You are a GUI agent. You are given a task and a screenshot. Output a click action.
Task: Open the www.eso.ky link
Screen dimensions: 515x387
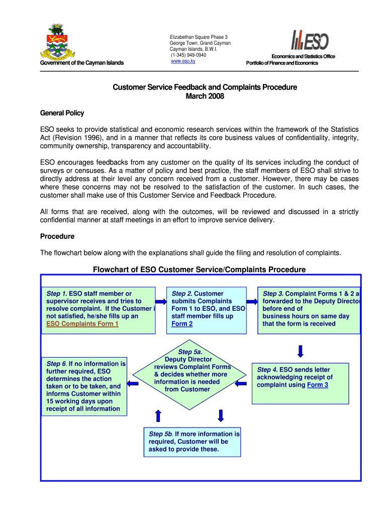(183, 61)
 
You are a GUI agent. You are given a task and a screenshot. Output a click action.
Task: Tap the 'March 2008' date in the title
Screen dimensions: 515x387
(205, 97)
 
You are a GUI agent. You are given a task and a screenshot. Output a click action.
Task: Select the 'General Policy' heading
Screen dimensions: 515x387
(62, 113)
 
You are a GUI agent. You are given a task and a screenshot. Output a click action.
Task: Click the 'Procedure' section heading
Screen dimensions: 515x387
(57, 236)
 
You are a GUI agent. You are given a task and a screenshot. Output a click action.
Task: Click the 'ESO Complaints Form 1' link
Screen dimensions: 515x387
(82, 324)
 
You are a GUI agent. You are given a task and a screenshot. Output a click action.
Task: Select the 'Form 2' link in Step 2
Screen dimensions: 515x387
(182, 324)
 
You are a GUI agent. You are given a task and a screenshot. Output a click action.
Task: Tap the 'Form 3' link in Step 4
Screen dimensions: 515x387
(318, 385)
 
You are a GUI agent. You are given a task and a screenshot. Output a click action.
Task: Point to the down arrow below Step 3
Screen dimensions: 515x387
(301, 351)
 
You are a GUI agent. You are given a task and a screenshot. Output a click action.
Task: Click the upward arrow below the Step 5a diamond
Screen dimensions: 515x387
(158, 415)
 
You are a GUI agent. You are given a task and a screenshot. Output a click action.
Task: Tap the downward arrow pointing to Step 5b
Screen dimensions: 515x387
(220, 415)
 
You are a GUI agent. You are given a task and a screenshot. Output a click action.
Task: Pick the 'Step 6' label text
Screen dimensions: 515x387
(56, 364)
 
